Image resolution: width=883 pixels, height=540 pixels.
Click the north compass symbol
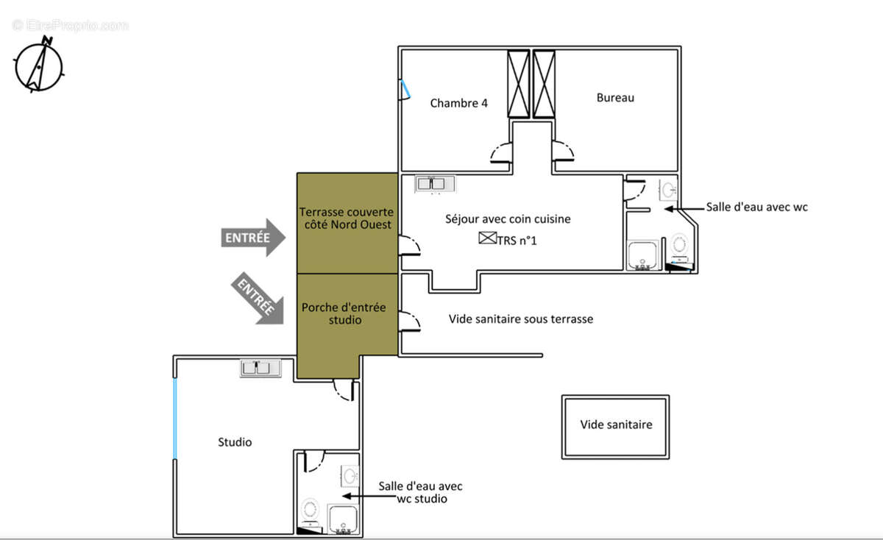coord(38,65)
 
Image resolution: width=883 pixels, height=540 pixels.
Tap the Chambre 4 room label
coord(458,103)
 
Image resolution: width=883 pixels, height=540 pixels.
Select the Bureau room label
coord(614,97)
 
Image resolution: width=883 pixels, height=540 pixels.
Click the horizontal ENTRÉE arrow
coord(252,237)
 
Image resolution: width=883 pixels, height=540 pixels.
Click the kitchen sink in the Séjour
coord(435,183)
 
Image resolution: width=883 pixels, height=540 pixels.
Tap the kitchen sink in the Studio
coord(261,368)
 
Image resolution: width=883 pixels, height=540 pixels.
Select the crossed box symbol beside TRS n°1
coord(487,238)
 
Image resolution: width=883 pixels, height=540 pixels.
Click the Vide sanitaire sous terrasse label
coord(521,319)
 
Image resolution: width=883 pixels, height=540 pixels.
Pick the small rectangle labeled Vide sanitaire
coord(615,427)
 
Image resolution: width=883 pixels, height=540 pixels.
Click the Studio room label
coord(235,442)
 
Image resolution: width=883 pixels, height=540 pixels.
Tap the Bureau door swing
coord(563,152)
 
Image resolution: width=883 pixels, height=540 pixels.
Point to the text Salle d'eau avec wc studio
coord(420,492)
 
